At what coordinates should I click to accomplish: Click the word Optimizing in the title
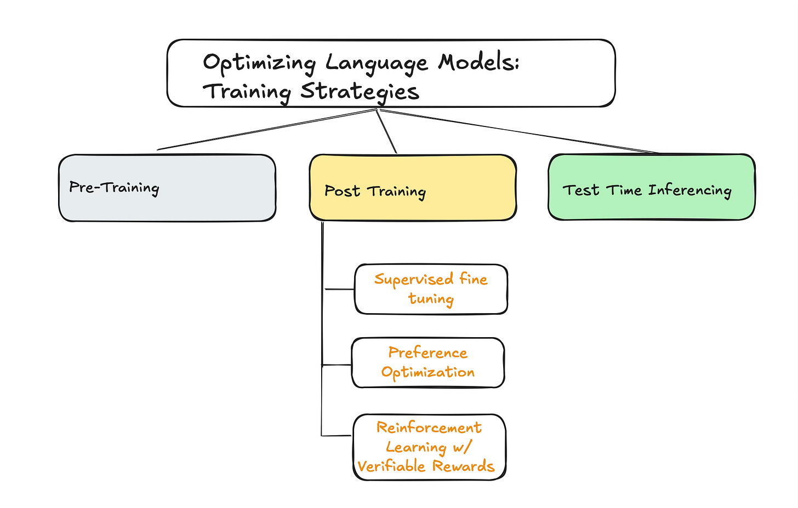tap(259, 63)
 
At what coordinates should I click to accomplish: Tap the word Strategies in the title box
tap(360, 91)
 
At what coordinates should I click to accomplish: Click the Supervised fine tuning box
tap(431, 289)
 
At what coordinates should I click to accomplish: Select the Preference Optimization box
tap(428, 362)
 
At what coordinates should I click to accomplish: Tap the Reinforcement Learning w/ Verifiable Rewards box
tap(429, 447)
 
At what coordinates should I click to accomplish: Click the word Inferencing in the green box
tap(689, 190)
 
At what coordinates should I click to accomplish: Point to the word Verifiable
tap(392, 466)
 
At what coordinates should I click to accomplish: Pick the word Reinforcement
tap(429, 428)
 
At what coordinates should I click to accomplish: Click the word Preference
tap(428, 353)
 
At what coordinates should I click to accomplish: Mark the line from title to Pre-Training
tap(266, 129)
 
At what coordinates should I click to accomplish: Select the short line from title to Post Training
tap(386, 131)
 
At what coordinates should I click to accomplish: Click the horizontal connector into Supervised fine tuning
tap(340, 289)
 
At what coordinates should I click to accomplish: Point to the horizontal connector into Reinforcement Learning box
tap(337, 436)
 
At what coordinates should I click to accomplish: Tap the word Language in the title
tap(376, 63)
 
